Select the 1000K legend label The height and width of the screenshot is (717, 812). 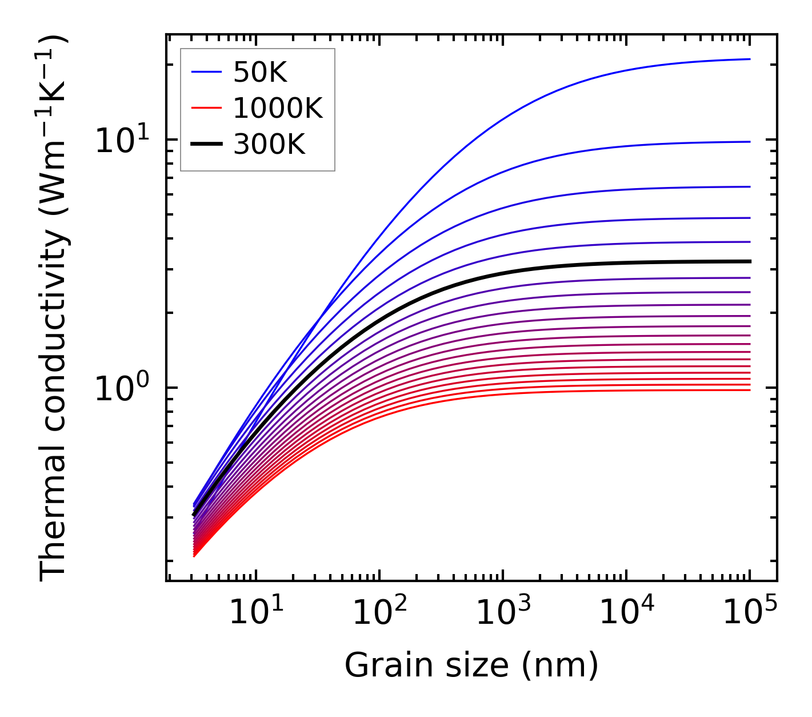(x=278, y=108)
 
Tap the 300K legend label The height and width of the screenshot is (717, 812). (x=269, y=145)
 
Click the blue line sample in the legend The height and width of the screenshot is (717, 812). (x=206, y=72)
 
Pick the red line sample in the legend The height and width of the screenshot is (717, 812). (x=206, y=108)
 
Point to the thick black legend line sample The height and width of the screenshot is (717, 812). (x=206, y=145)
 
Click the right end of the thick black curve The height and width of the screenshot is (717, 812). (x=749, y=261)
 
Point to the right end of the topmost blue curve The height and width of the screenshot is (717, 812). (x=749, y=59)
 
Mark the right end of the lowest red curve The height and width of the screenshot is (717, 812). (x=749, y=390)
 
